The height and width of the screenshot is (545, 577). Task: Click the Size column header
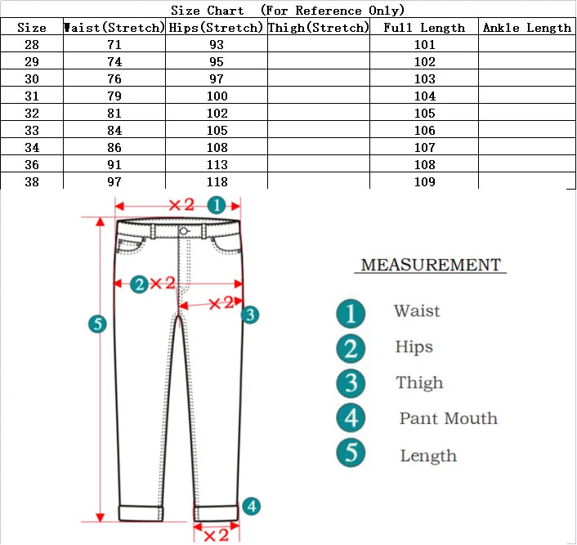(x=32, y=28)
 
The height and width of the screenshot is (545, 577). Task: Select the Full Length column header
(x=424, y=28)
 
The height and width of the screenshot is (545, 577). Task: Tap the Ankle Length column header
(x=527, y=28)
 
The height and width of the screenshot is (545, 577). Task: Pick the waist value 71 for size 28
(x=114, y=45)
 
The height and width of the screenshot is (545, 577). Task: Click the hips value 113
(x=217, y=165)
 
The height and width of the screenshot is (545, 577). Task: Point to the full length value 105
(x=425, y=114)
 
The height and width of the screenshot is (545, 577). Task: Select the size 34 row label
(x=32, y=148)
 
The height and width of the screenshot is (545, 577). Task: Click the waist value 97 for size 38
(x=114, y=182)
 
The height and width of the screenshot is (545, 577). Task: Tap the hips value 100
(x=217, y=96)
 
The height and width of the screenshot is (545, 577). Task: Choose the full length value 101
(x=425, y=45)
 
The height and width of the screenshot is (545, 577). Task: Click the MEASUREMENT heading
(x=431, y=265)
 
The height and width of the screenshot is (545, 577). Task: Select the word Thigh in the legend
(x=419, y=382)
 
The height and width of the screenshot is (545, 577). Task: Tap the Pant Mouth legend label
(x=448, y=418)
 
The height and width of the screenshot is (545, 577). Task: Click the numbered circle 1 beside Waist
(x=351, y=312)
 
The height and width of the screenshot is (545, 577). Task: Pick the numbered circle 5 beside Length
(x=351, y=453)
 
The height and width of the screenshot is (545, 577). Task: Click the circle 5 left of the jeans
(x=97, y=324)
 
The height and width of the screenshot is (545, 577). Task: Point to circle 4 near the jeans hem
(x=252, y=507)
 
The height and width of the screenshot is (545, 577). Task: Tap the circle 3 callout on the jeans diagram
(x=251, y=314)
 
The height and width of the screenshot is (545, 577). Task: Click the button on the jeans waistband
(x=184, y=232)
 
